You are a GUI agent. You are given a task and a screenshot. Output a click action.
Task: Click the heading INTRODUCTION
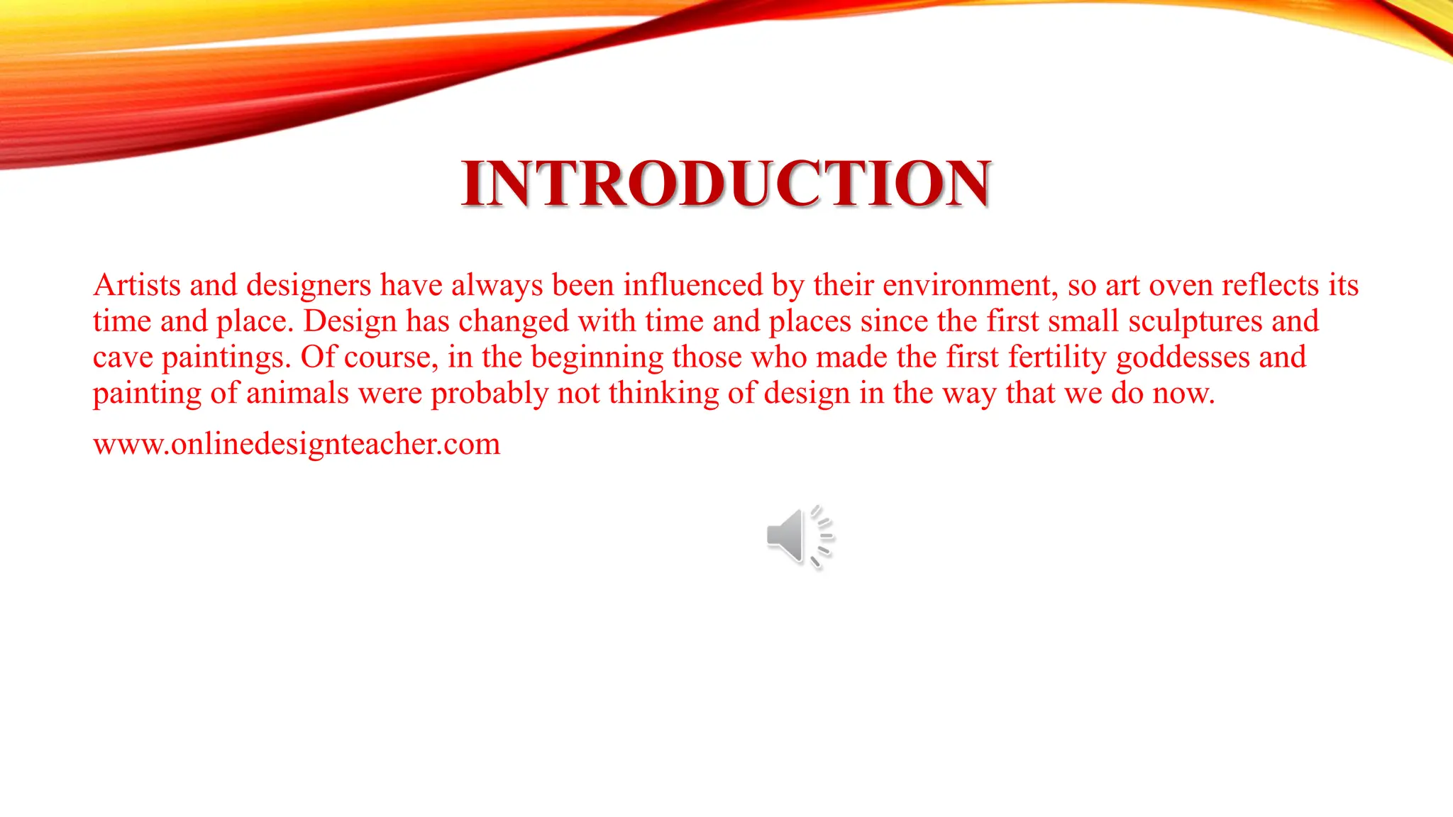[x=726, y=184]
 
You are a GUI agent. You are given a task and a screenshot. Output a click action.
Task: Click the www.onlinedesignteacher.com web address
[x=297, y=444]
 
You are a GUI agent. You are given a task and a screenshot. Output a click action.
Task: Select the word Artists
[x=137, y=285]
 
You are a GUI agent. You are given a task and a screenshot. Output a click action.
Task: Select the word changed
[x=514, y=321]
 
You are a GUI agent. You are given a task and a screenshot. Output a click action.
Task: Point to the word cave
[x=123, y=357]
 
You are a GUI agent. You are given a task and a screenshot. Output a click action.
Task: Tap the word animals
[x=298, y=393]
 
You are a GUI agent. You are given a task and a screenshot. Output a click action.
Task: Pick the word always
[x=497, y=285]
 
